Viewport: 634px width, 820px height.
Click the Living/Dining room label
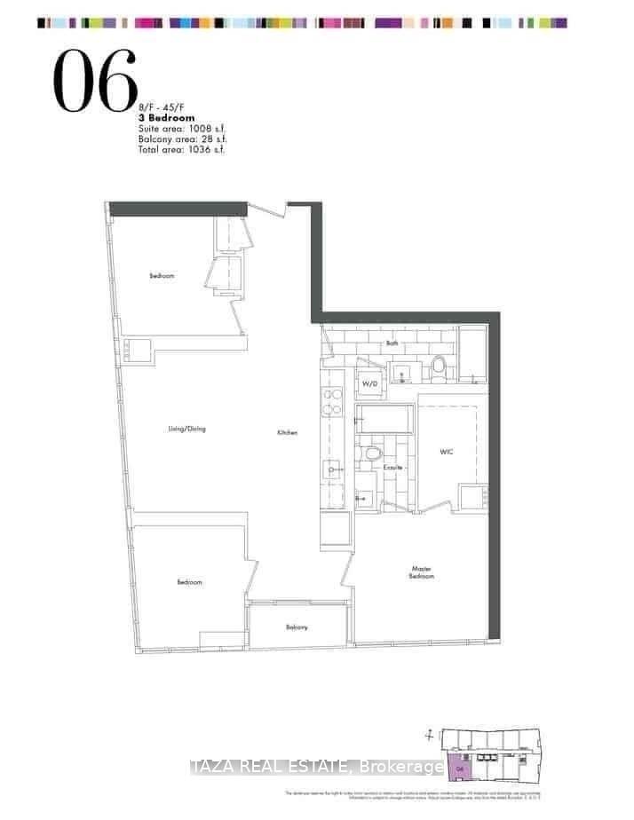tap(186, 430)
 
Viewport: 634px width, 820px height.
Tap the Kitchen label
tap(286, 433)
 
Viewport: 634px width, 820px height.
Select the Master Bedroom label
tap(422, 572)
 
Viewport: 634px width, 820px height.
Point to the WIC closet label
tap(447, 451)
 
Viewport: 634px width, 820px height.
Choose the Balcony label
tap(297, 627)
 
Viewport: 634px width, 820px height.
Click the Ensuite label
tap(393, 467)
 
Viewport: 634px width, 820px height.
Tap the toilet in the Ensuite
tap(374, 454)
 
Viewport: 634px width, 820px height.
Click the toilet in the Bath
tap(437, 367)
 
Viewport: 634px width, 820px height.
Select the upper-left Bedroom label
tap(162, 276)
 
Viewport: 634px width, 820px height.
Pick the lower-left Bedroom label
tap(188, 582)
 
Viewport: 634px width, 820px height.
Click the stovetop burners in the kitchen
tap(332, 402)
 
